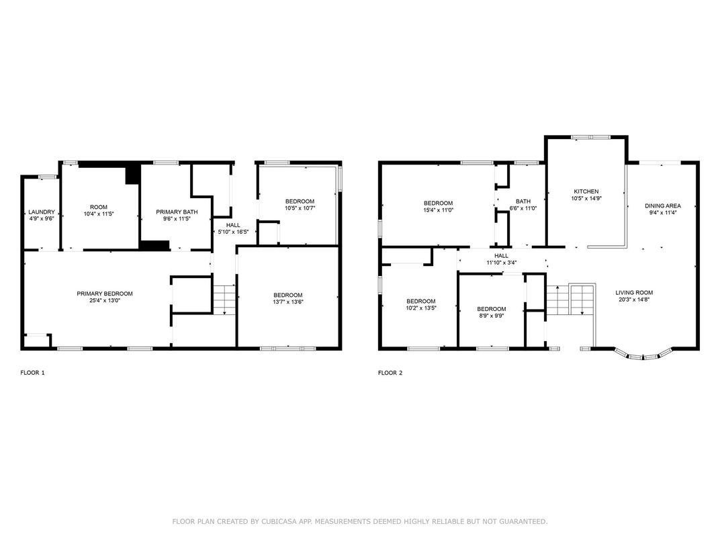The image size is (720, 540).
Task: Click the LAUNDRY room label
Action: coord(42,212)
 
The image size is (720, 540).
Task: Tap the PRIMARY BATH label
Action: coord(177,212)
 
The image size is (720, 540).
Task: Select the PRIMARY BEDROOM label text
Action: coord(105,294)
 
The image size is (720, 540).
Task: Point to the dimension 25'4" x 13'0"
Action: coord(105,300)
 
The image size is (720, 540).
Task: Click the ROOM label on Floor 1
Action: coord(99,207)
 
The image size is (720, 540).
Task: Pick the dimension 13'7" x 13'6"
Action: coord(288,302)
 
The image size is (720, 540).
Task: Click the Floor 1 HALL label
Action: coord(233,225)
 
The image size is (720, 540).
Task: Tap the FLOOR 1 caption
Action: coord(32,372)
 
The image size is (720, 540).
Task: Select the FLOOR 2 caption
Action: coord(390,372)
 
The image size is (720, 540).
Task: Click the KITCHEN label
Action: coord(586,191)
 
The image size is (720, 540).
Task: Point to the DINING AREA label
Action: coord(663,206)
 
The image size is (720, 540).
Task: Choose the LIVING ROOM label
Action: coord(634,293)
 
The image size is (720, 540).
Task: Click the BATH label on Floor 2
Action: coord(523,201)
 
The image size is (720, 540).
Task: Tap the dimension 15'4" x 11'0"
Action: coord(438,210)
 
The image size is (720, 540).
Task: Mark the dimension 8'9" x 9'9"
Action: coord(492,316)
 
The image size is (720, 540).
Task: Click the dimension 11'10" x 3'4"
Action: coord(502,263)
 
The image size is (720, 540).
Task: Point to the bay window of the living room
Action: coord(643,355)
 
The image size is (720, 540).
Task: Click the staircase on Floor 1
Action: coord(224,300)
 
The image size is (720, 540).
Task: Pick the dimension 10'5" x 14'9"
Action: coord(586,198)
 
